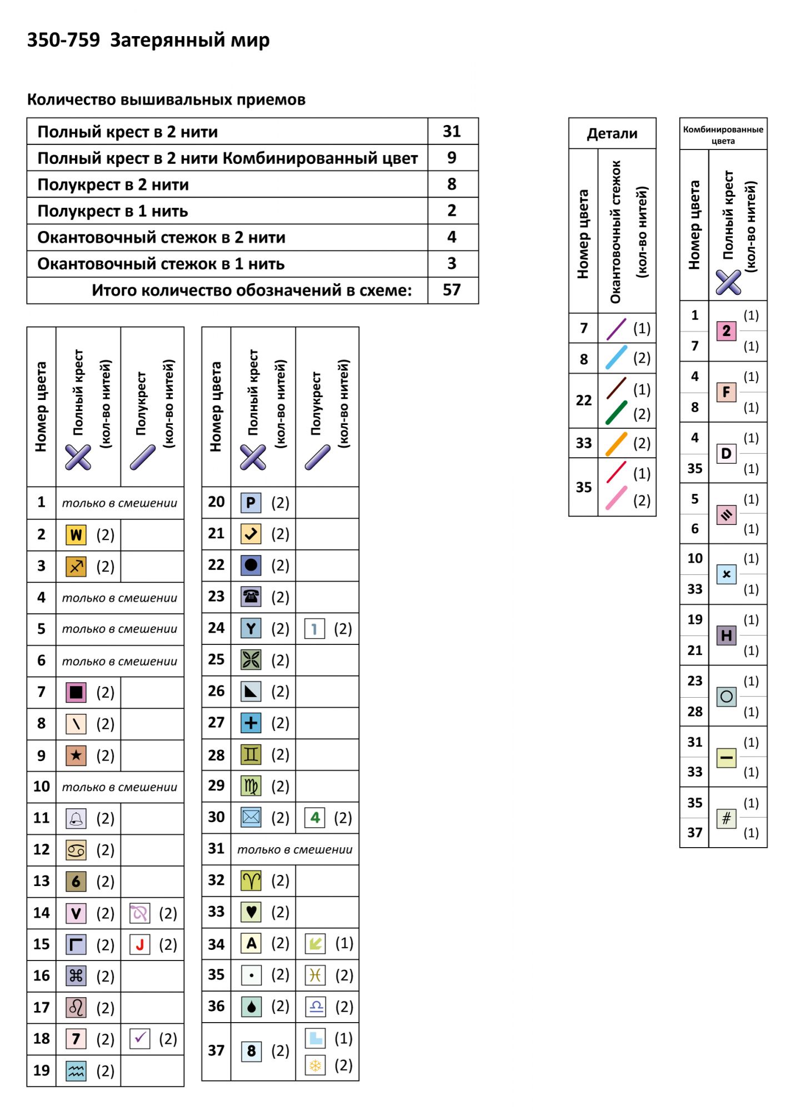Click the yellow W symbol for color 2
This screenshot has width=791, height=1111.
(76, 535)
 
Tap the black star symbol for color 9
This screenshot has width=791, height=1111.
(76, 755)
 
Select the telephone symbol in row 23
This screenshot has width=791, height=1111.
(251, 597)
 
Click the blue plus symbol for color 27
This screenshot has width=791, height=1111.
(251, 723)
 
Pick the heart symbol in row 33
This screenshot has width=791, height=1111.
(251, 912)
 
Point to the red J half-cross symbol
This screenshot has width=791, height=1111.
(140, 944)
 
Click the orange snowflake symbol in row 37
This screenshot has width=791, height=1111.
(315, 1065)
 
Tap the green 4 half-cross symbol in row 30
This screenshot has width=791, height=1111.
(315, 817)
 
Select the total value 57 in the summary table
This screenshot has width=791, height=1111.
(452, 290)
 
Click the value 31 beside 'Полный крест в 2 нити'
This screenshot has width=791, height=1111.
(452, 132)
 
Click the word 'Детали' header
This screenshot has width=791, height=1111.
(612, 134)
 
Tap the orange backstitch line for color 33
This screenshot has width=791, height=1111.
(616, 444)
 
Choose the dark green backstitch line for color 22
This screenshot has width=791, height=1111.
(616, 413)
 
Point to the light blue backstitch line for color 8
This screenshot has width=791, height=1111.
(616, 358)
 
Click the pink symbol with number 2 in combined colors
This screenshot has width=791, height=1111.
(726, 331)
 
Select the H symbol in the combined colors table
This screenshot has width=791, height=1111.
(726, 635)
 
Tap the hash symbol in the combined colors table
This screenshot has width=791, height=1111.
(726, 818)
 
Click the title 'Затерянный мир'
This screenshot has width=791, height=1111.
(189, 41)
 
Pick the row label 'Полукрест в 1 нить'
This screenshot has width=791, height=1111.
(113, 212)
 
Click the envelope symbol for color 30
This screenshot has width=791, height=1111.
(251, 817)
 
